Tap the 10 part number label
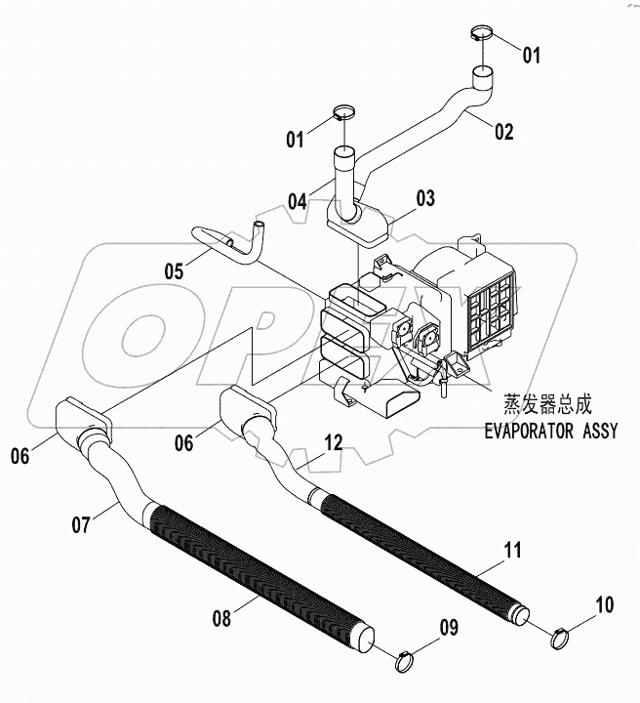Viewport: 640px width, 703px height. tap(605, 604)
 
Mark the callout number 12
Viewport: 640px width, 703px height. tap(334, 442)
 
